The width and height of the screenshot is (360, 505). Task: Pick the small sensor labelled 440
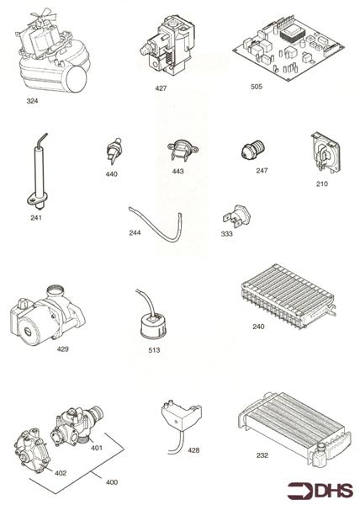point(111,151)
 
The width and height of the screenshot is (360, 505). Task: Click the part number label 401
point(96,448)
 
